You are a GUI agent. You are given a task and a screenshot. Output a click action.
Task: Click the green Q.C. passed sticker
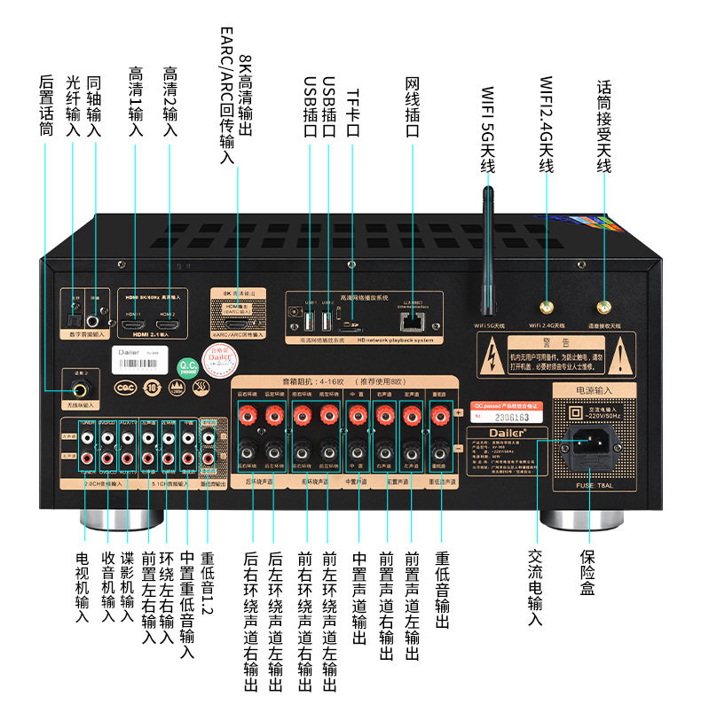[188, 367]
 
